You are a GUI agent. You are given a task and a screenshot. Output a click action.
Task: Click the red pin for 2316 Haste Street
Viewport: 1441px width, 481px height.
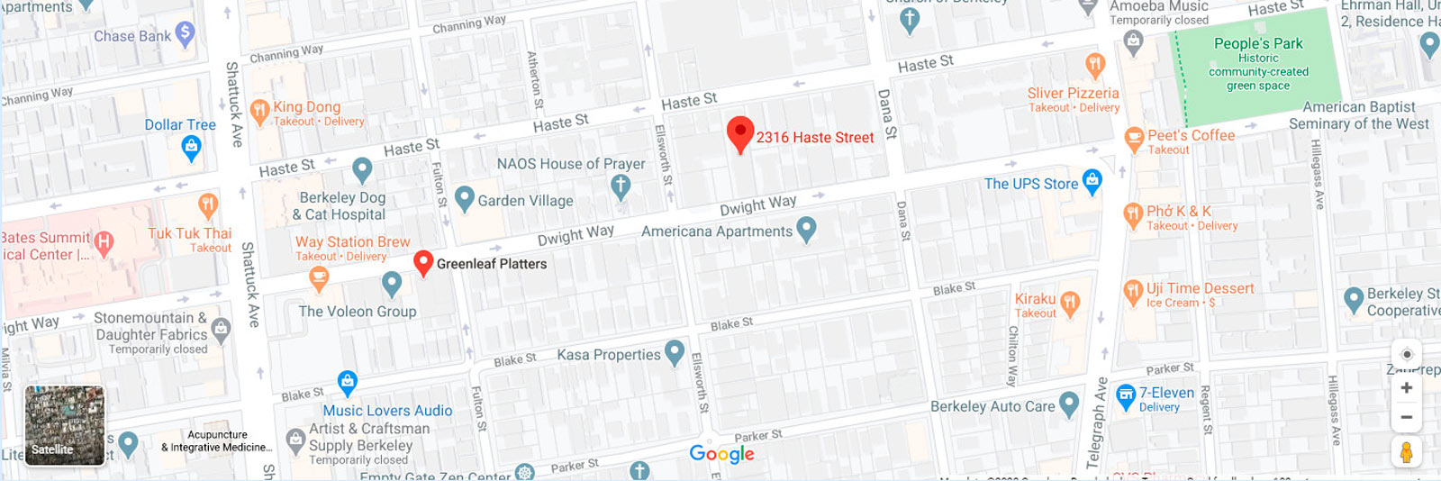(739, 133)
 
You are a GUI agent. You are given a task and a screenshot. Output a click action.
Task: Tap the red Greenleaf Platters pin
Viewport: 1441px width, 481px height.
(423, 262)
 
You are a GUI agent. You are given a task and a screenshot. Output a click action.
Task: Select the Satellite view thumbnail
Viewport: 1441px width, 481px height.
(64, 425)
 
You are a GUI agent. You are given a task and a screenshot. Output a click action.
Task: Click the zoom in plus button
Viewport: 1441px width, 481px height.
(1406, 388)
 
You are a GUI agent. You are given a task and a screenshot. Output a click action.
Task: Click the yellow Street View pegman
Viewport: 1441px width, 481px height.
(1406, 451)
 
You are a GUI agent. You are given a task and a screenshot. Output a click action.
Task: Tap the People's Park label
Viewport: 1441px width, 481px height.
(1258, 43)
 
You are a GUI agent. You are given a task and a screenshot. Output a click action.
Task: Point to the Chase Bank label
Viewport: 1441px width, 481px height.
(132, 36)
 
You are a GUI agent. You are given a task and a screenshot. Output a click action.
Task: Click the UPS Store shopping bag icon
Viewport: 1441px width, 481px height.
(1092, 181)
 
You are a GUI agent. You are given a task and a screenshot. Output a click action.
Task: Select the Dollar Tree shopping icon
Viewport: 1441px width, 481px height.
(191, 147)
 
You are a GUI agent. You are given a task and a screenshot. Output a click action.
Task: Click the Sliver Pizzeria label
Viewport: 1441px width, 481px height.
(1073, 93)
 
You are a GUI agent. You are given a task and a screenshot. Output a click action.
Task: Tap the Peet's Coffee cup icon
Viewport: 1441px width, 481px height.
(1134, 139)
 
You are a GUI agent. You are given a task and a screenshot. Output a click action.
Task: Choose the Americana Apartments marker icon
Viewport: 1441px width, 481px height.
(806, 230)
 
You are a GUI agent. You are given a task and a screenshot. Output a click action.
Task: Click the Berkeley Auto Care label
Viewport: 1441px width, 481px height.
(992, 406)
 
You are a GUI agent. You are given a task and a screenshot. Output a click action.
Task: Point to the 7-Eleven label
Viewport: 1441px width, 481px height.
(1166, 393)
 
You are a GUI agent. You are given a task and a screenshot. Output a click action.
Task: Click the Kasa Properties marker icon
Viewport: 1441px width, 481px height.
(674, 352)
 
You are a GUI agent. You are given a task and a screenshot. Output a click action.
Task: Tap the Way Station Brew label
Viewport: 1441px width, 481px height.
(352, 241)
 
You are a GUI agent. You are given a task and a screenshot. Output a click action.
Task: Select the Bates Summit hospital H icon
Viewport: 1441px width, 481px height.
(104, 241)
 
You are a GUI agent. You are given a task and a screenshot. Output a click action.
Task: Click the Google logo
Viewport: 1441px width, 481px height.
(721, 453)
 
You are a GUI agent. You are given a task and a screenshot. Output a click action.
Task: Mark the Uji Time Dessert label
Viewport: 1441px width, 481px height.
(1200, 288)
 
